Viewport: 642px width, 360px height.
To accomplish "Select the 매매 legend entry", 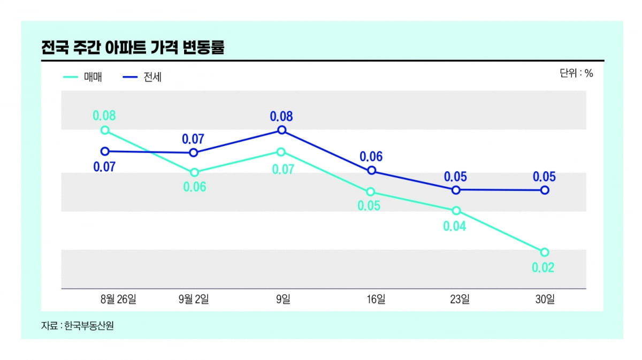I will tap(82, 77).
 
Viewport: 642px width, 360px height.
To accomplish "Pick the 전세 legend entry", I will tap(142, 77).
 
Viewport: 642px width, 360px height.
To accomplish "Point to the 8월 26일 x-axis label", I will tap(118, 300).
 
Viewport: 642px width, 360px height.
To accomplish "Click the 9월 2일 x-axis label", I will tap(194, 300).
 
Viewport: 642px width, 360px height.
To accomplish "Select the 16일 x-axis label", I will tap(376, 300).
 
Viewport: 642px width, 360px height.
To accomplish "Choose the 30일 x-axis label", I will tap(545, 300).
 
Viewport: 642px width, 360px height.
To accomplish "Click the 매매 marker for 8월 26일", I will tap(105, 130).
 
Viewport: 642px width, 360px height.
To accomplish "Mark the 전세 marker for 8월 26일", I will tap(105, 151).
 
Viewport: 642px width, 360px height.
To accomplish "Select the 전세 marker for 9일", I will tap(282, 130).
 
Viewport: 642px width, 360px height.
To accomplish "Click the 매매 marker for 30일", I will tap(545, 252).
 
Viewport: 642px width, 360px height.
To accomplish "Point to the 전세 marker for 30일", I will tap(545, 190).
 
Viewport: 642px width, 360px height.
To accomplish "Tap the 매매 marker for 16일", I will tap(370, 192).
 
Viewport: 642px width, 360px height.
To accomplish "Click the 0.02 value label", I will tap(543, 267).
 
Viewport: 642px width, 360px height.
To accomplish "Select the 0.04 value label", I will tap(455, 226).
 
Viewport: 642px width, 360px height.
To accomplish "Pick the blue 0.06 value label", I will tap(371, 157).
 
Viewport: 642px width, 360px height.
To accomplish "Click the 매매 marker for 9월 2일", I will tap(194, 172).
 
